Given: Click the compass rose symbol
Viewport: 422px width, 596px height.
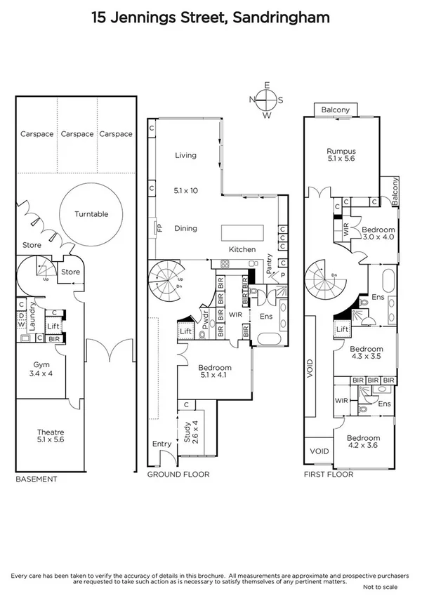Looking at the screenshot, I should pyautogui.click(x=266, y=100).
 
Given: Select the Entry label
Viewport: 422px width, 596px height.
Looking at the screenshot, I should pyautogui.click(x=161, y=444).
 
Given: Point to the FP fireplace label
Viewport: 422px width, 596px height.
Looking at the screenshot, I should pyautogui.click(x=159, y=228).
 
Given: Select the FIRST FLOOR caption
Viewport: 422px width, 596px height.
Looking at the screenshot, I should pyautogui.click(x=329, y=475).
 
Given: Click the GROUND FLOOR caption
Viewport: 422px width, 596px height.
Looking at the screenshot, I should pyautogui.click(x=178, y=475).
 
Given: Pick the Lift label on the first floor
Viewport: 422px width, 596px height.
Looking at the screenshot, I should pyautogui.click(x=342, y=329).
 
